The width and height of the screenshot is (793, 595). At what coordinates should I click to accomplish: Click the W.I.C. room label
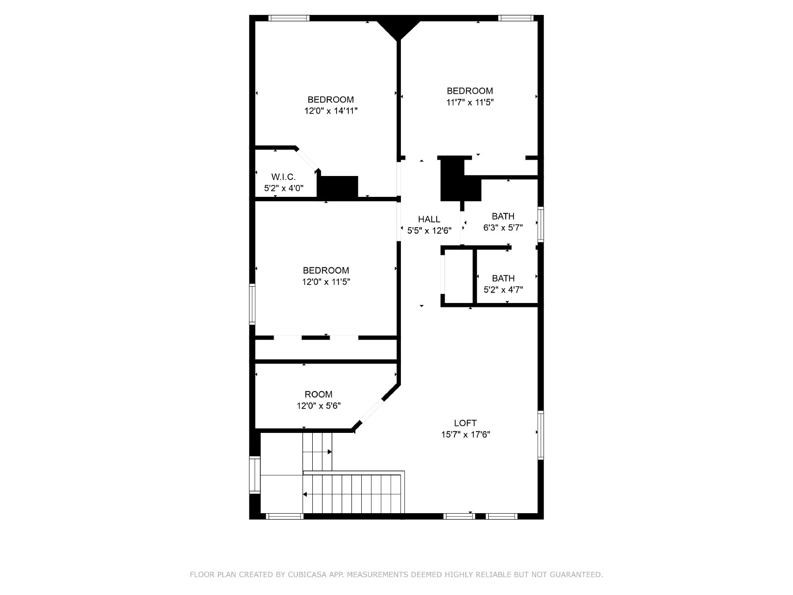pyautogui.click(x=283, y=177)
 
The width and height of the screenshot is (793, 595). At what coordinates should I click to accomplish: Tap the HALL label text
pyautogui.click(x=429, y=219)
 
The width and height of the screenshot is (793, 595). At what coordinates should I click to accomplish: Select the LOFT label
pyautogui.click(x=465, y=423)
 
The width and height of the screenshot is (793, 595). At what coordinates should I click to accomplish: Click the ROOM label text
pyautogui.click(x=318, y=395)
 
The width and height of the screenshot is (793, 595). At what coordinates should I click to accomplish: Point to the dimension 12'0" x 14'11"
pyautogui.click(x=331, y=111)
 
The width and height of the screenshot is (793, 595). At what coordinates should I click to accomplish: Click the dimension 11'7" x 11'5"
pyautogui.click(x=470, y=102)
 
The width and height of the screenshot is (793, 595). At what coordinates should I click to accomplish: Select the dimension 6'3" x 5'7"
pyautogui.click(x=503, y=228)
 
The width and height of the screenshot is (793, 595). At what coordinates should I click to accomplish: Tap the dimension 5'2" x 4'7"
pyautogui.click(x=503, y=290)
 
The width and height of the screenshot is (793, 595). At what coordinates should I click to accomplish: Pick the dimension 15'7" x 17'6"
pyautogui.click(x=465, y=435)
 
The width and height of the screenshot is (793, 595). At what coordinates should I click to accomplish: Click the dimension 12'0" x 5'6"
pyautogui.click(x=318, y=406)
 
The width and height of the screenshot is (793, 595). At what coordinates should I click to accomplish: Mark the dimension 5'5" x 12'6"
pyautogui.click(x=429, y=231)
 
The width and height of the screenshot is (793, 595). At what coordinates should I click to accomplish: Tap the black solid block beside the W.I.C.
pyautogui.click(x=338, y=187)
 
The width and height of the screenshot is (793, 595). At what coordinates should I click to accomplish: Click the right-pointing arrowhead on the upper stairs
pyautogui.click(x=330, y=452)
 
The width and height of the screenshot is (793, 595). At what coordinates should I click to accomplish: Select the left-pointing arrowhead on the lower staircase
pyautogui.click(x=305, y=494)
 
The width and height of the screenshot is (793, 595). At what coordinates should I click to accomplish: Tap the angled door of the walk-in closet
pyautogui.click(x=307, y=159)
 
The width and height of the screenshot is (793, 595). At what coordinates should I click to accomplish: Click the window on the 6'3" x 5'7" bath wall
pyautogui.click(x=540, y=224)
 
